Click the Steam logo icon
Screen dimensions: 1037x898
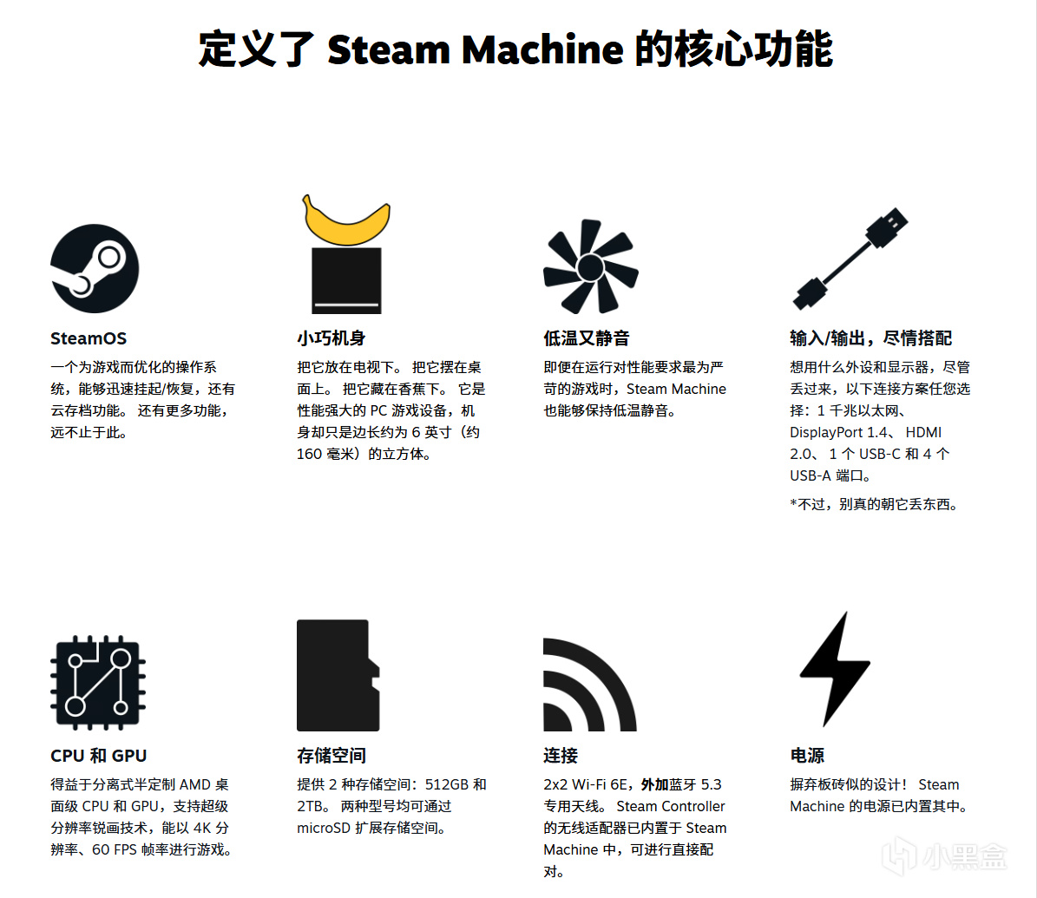click(95, 268)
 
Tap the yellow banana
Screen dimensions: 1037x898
click(346, 222)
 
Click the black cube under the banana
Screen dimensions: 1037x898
click(346, 280)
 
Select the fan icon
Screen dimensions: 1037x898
click(591, 266)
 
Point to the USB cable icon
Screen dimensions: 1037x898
click(850, 259)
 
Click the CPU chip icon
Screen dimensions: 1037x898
click(98, 683)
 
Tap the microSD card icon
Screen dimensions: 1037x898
click(338, 675)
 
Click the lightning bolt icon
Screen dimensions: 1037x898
click(835, 669)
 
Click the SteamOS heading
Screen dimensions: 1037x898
click(89, 338)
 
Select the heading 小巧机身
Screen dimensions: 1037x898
click(331, 338)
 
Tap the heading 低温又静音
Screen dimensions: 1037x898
click(587, 338)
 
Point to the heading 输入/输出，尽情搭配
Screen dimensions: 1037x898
click(871, 338)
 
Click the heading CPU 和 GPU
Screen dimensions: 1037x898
click(99, 756)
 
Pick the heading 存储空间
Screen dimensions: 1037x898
click(331, 756)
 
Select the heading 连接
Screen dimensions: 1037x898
click(561, 756)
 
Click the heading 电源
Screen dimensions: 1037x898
click(808, 756)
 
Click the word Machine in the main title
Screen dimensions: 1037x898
click(542, 49)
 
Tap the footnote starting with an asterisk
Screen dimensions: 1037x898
click(874, 505)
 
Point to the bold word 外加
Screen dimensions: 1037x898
click(654, 785)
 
